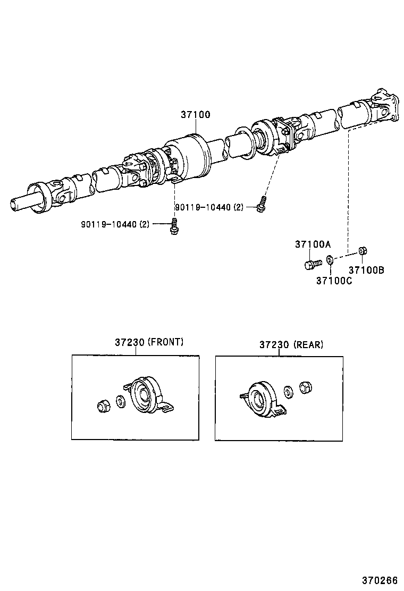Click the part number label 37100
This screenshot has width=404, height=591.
click(195, 114)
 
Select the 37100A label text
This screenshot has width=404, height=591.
click(313, 244)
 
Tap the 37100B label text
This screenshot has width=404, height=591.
click(366, 269)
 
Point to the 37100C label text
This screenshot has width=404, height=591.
click(334, 280)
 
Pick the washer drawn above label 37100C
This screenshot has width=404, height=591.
click(329, 260)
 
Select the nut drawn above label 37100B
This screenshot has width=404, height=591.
click(361, 250)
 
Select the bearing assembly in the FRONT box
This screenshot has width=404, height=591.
click(144, 395)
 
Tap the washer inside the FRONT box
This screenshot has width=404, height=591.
click(120, 401)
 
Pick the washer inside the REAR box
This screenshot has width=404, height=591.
click(288, 393)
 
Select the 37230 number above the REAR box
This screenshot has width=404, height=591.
click(273, 344)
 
